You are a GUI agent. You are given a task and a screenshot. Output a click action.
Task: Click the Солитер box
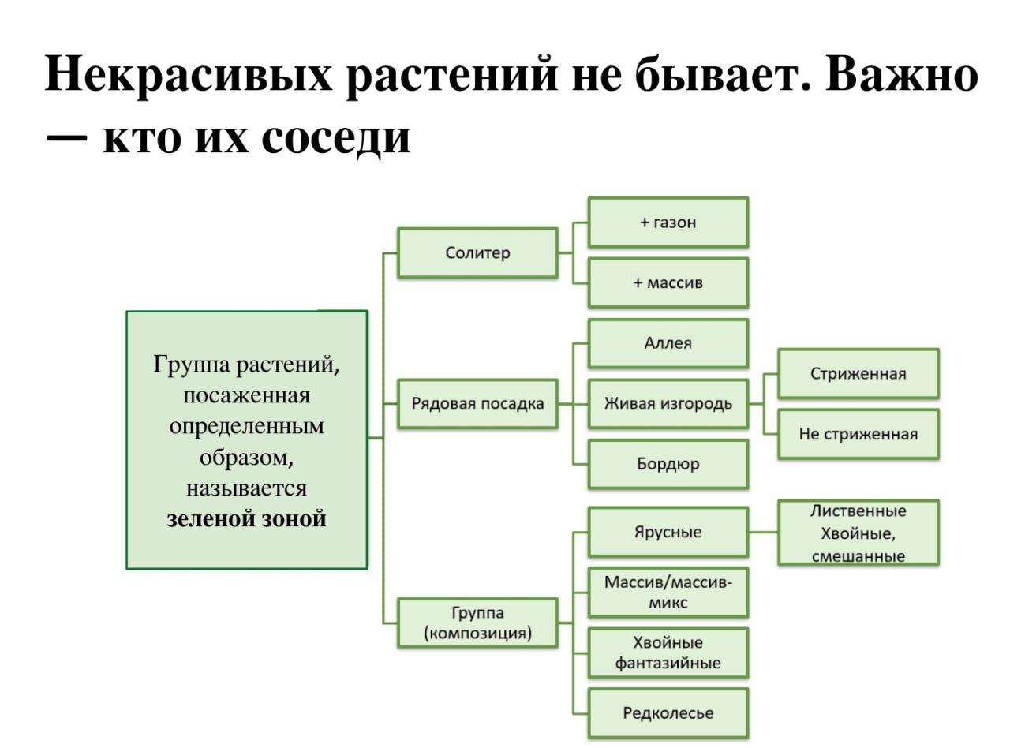click(477, 253)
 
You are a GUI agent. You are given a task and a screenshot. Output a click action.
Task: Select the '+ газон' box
click(668, 223)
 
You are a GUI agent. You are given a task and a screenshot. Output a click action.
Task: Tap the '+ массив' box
click(668, 282)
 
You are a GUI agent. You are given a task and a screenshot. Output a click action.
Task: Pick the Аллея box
click(668, 343)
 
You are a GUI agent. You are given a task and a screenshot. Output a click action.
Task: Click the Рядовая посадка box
click(477, 404)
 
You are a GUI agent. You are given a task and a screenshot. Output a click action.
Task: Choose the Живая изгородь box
click(668, 404)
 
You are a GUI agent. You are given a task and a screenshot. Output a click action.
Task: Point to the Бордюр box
click(668, 464)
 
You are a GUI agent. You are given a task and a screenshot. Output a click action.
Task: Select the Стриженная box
click(858, 373)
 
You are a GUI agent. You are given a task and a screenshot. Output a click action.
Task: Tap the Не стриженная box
click(858, 434)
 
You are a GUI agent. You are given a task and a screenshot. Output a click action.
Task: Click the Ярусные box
click(668, 532)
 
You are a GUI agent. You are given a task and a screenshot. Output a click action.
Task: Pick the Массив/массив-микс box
click(668, 593)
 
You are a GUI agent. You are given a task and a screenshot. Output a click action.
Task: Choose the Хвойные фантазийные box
click(668, 653)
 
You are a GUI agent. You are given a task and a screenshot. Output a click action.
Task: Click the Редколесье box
click(668, 713)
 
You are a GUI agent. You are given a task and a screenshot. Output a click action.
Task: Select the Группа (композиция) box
click(477, 623)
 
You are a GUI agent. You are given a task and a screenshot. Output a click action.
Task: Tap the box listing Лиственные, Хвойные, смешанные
click(858, 533)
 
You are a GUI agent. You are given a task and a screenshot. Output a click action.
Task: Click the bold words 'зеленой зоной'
click(246, 519)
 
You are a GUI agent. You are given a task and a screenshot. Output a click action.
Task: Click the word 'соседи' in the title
click(335, 139)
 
